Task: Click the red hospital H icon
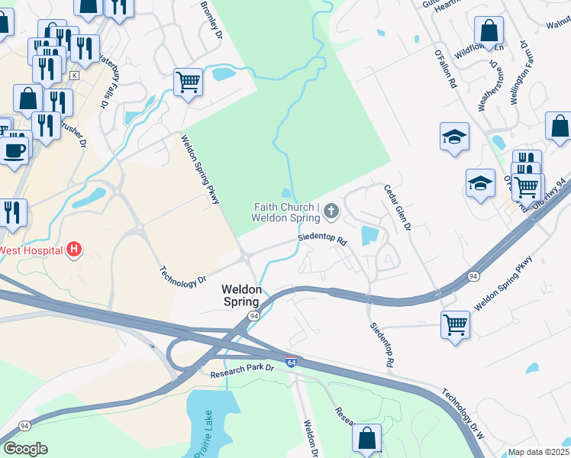pos(74,249)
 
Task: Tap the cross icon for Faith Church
pos(331,210)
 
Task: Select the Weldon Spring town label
pos(242,296)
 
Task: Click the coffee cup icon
pos(15,148)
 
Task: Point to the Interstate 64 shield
pos(291,362)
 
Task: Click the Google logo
pos(25,449)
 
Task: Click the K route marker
pos(74,76)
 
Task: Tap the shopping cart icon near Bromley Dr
pos(188,80)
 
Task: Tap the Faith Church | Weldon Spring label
pos(285,212)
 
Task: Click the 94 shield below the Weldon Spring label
pos(253,315)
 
